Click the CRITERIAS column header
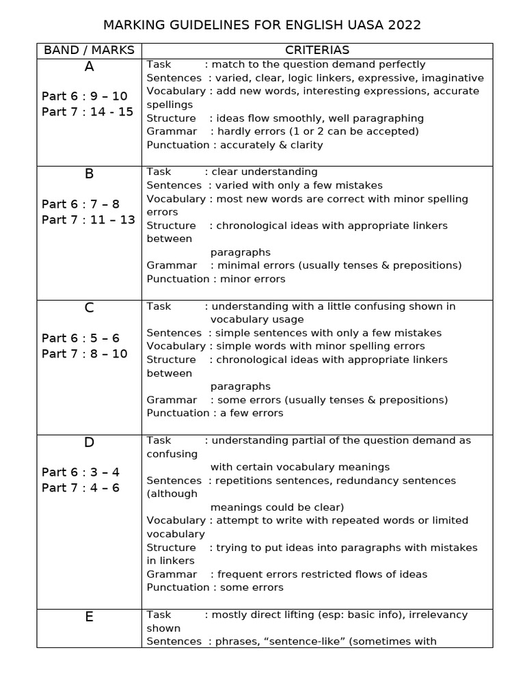pyautogui.click(x=317, y=51)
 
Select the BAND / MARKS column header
pyautogui.click(x=89, y=51)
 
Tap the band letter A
pyautogui.click(x=89, y=66)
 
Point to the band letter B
pyautogui.click(x=89, y=174)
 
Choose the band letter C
pyautogui.click(x=89, y=308)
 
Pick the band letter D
pyautogui.click(x=89, y=442)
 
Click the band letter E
pyautogui.click(x=89, y=617)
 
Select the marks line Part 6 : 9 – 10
pyautogui.click(x=85, y=96)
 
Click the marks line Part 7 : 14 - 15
pyautogui.click(x=87, y=112)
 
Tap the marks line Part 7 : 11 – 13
pyautogui.click(x=88, y=219)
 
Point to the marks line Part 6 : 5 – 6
pyautogui.click(x=81, y=338)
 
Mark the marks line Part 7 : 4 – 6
pyautogui.click(x=81, y=488)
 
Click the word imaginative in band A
pyautogui.click(x=453, y=78)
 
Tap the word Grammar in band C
pyautogui.click(x=172, y=400)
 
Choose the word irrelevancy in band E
pyautogui.click(x=435, y=615)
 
